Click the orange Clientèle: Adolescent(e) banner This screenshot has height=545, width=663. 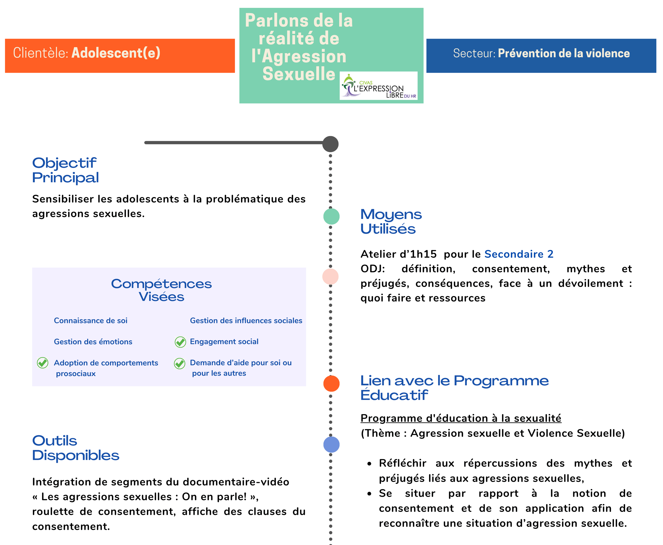coord(120,56)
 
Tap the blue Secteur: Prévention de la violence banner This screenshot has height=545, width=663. coord(541,56)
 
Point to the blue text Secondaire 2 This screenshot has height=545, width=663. coord(518,254)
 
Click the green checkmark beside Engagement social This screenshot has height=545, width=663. coord(180,342)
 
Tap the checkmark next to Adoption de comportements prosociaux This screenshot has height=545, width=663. coord(43,363)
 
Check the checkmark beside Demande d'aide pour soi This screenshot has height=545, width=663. coord(180,363)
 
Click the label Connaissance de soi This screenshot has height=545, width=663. coord(90,321)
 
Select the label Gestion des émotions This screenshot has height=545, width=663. coord(93,342)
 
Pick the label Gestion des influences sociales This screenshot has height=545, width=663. coord(246,321)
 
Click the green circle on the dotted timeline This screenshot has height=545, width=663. coord(331,216)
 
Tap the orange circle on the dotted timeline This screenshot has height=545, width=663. coord(331,383)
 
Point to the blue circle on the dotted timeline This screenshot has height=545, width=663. coord(331,444)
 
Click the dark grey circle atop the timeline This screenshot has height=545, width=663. coord(330,144)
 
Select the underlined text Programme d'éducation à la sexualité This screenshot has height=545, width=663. coord(461,418)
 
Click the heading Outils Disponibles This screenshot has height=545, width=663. coord(75,448)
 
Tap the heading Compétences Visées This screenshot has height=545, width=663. coord(161,290)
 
